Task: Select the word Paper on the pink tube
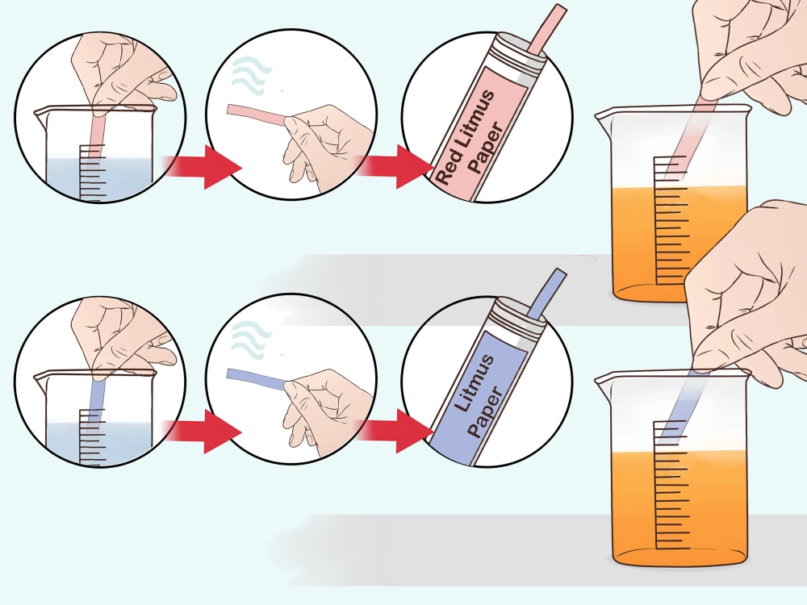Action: tap(487, 148)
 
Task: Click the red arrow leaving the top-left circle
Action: tap(203, 167)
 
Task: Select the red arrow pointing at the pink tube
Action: tap(396, 166)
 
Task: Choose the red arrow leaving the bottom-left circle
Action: tap(203, 431)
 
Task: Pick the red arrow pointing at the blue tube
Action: tap(396, 431)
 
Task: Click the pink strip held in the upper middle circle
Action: tap(257, 115)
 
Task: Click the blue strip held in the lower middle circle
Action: tap(257, 379)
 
